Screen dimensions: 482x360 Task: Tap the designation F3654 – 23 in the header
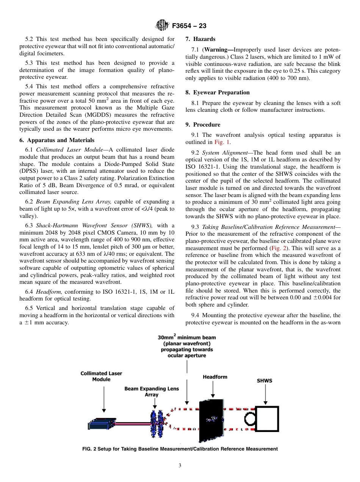(189, 26)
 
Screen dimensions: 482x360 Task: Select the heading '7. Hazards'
(200, 39)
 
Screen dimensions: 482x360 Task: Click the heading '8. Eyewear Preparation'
(218, 92)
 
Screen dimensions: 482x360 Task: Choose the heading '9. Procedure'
(203, 125)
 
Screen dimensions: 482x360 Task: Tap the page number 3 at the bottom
(180, 465)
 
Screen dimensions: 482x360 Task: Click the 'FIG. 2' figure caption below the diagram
(180, 449)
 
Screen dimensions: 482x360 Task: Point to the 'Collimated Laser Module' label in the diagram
(101, 376)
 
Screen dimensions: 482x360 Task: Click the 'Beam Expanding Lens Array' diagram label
(152, 391)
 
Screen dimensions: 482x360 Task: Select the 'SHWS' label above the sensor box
(265, 381)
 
